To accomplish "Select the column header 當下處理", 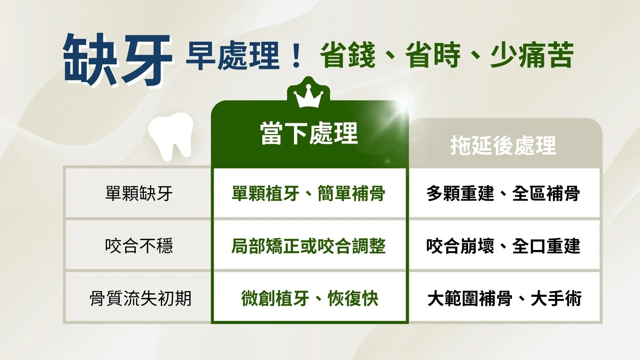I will (309, 134).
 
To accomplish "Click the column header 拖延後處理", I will (503, 145).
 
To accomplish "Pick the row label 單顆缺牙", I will (139, 193).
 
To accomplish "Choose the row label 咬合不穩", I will (139, 246).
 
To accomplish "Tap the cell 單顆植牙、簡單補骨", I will (308, 193).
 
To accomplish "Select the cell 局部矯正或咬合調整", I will (308, 246).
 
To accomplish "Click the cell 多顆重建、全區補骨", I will (503, 193).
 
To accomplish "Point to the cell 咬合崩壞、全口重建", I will (503, 246).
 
